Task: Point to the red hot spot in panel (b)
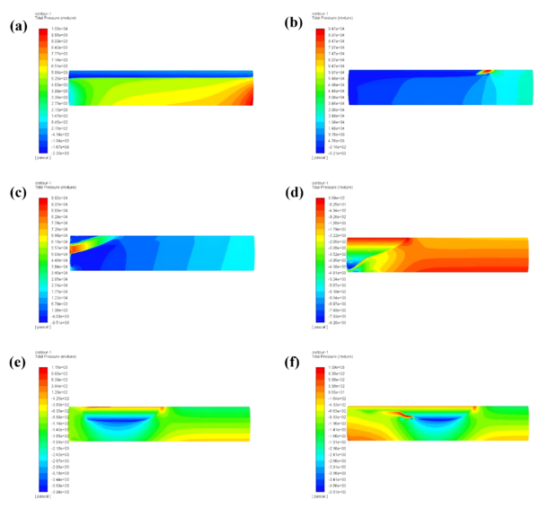tap(487, 70)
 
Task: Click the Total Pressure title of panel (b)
tap(331, 19)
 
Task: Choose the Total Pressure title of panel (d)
tap(331, 185)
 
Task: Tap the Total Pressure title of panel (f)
tap(331, 357)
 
